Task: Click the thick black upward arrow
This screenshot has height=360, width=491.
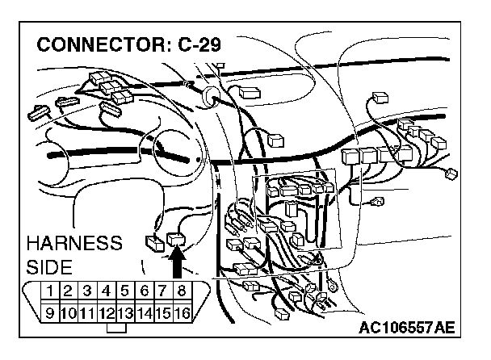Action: click(178, 262)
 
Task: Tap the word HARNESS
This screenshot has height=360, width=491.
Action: click(74, 243)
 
